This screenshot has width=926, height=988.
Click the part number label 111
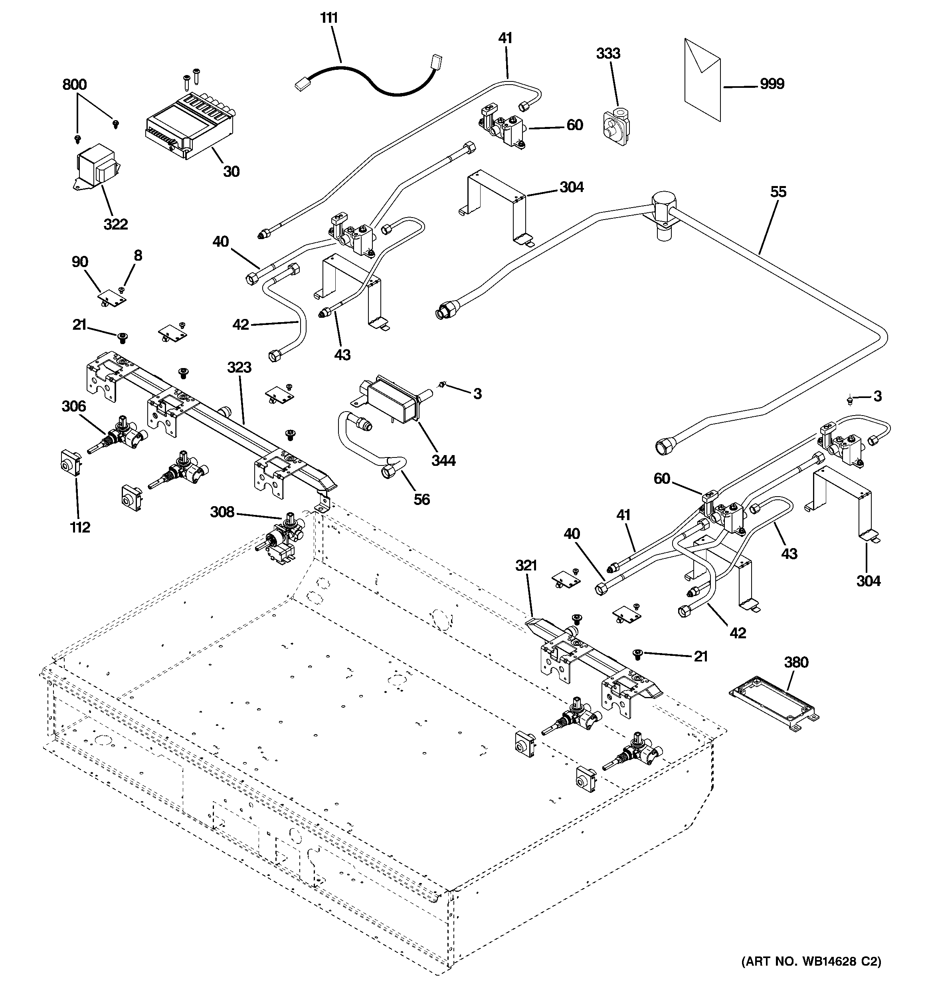(328, 18)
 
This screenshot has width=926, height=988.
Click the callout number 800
(75, 85)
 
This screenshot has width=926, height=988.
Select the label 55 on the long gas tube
(778, 192)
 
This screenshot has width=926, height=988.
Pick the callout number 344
(443, 461)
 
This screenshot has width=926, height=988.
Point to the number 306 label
(73, 406)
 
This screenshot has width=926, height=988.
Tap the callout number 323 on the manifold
(239, 368)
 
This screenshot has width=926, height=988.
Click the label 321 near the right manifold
(526, 566)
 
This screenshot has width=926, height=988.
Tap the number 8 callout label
(138, 256)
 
